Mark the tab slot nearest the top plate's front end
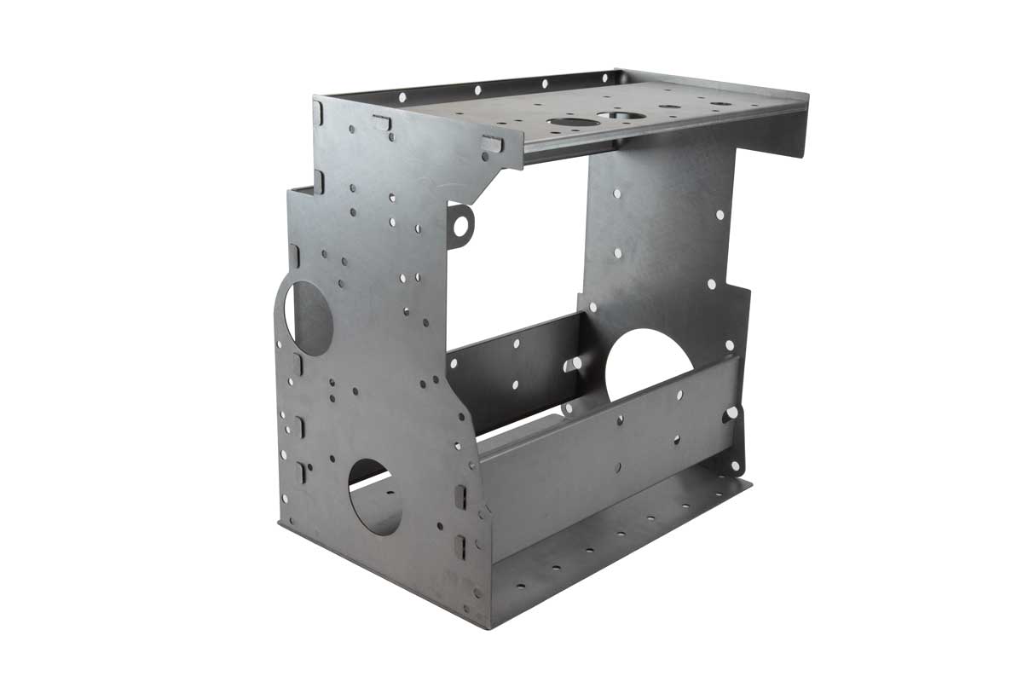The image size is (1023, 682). [492, 143]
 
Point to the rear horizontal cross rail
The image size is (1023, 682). [511, 367]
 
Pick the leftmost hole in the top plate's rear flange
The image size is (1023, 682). [402, 98]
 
